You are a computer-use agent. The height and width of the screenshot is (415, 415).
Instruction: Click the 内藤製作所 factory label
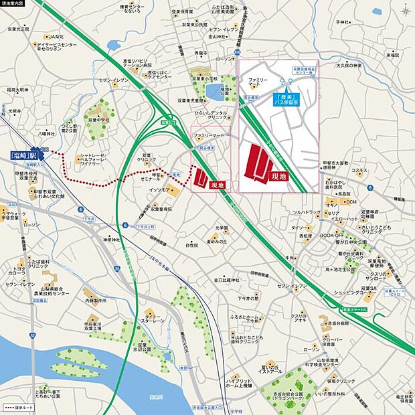tap(96, 301)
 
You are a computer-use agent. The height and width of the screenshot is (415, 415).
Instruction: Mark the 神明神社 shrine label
tap(111, 239)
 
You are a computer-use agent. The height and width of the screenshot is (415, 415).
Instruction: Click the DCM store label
tap(351, 201)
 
